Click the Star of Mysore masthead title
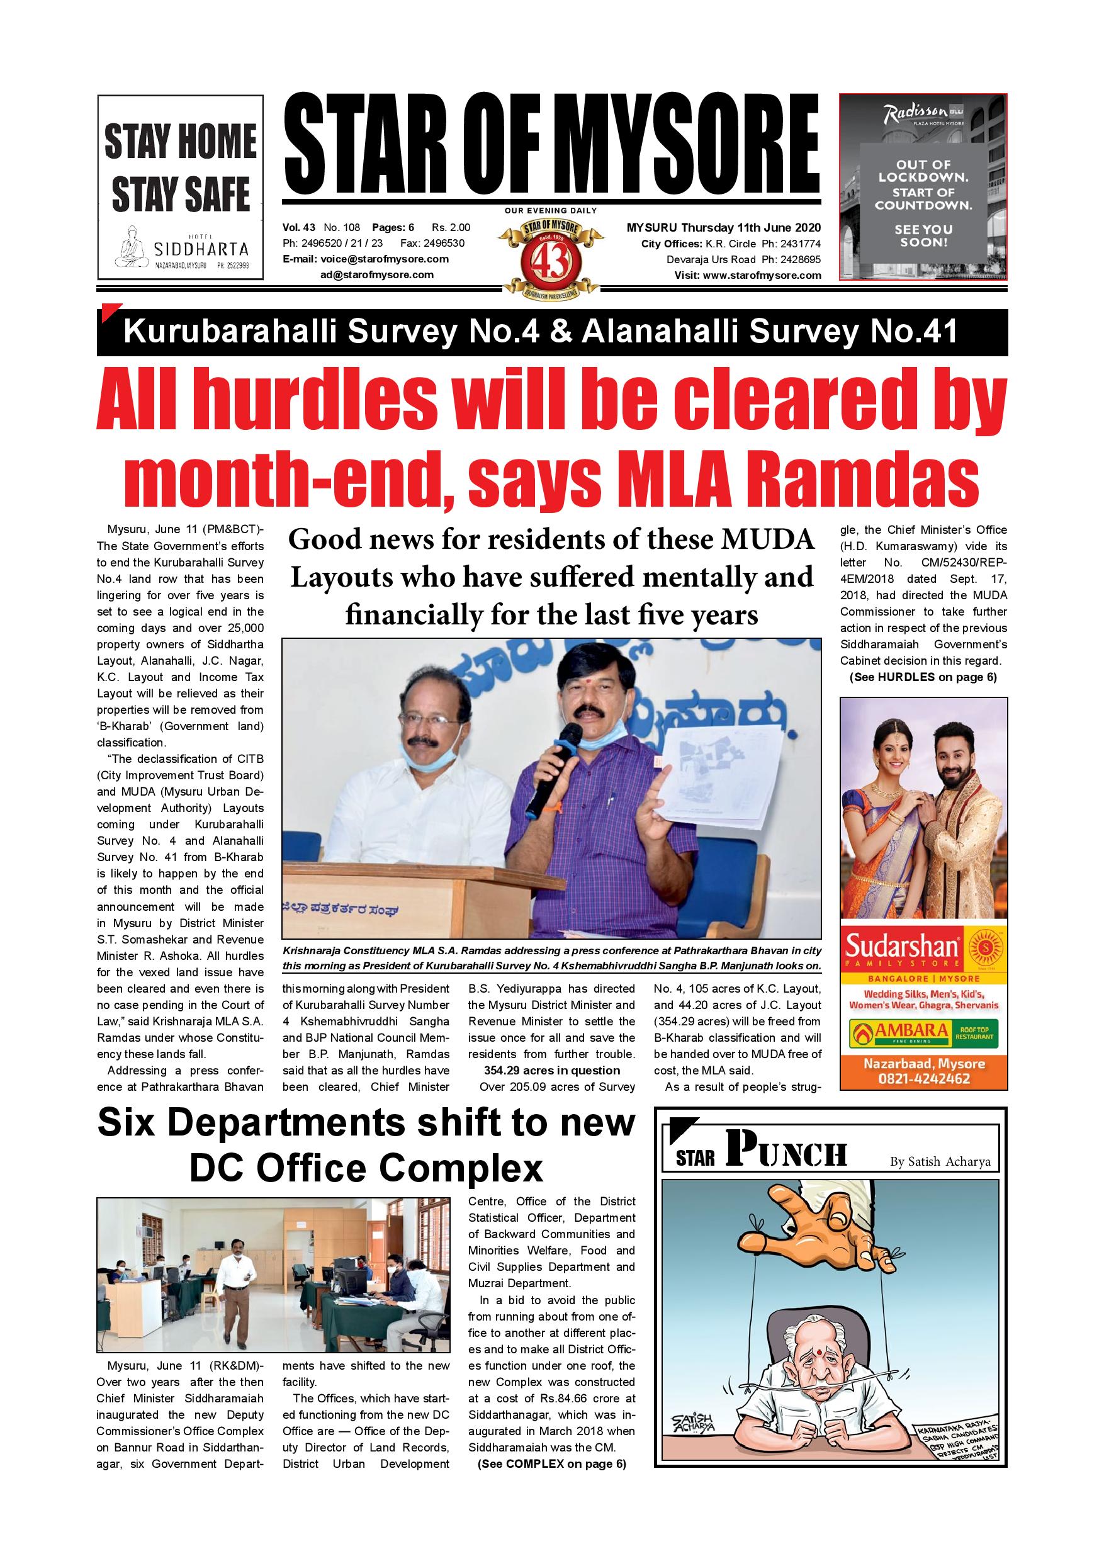tap(551, 145)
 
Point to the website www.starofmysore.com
tap(762, 275)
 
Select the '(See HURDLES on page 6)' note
tap(923, 677)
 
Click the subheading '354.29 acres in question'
tap(551, 1070)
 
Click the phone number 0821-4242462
tap(923, 1078)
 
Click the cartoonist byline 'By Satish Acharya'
tap(940, 1162)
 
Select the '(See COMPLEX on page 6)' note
tap(551, 1464)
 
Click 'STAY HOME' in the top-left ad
tap(180, 141)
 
